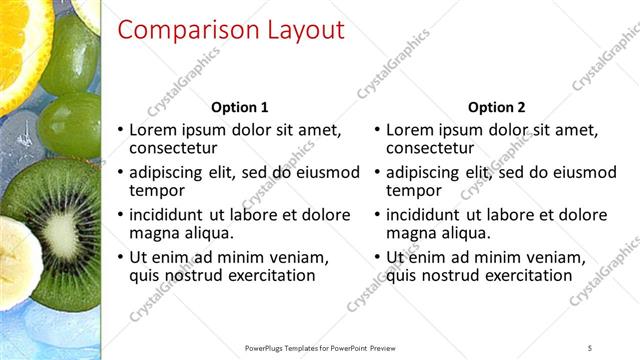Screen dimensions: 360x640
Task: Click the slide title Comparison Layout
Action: pyautogui.click(x=231, y=30)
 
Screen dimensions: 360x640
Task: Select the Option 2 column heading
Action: pyautogui.click(x=496, y=107)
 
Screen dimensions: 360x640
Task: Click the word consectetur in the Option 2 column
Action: pyautogui.click(x=431, y=149)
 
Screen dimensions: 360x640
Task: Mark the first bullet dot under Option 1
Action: pyautogui.click(x=121, y=131)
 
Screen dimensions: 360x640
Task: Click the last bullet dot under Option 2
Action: pyautogui.click(x=377, y=258)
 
